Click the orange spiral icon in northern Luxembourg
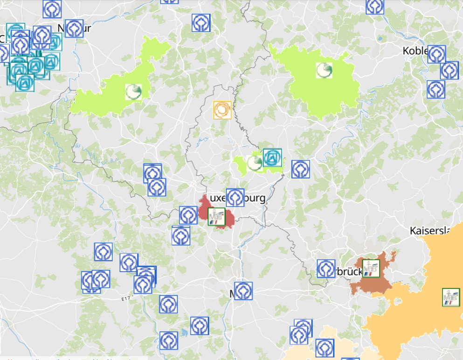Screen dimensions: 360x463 coord(222,110)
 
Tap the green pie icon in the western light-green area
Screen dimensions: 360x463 coord(133,91)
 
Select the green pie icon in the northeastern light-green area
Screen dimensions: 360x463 coord(324,70)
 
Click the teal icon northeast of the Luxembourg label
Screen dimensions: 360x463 coord(272,158)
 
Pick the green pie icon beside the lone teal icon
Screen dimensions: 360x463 coord(255,163)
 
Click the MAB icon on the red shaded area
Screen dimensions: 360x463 coord(216,216)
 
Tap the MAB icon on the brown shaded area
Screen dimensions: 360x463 coord(371,268)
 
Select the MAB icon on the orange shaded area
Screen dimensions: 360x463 coord(450,297)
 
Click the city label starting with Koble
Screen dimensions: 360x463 coord(415,51)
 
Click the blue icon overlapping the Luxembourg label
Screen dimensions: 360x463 coord(235,197)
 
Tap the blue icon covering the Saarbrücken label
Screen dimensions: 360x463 coord(326,268)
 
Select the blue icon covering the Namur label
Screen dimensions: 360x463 coord(74,28)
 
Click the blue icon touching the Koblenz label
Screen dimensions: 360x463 coord(436,54)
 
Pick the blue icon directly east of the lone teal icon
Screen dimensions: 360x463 coord(300,169)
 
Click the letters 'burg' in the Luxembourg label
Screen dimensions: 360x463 coord(255,198)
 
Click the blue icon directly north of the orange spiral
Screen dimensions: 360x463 coord(200,23)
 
